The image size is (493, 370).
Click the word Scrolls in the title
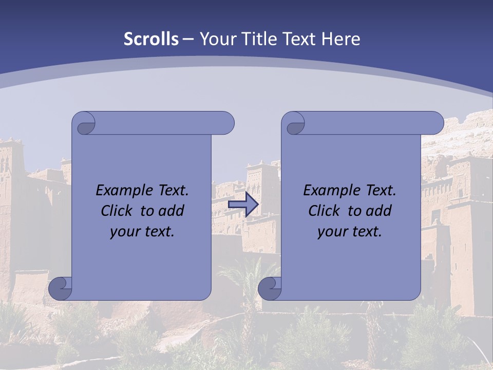point(151,39)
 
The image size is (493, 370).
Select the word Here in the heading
point(340,39)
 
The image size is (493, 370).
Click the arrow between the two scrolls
point(243,205)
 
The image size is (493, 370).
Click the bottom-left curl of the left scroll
point(61,288)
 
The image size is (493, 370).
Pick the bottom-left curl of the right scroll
point(270,288)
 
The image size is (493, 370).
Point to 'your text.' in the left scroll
point(142,231)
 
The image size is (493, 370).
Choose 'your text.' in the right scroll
point(349,231)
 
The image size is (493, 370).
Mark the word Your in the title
point(218,39)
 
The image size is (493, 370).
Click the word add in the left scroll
point(171,211)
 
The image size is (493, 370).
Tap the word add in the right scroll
point(378,211)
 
